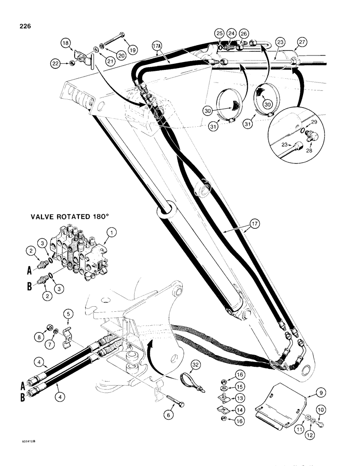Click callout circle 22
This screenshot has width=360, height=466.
point(56,63)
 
